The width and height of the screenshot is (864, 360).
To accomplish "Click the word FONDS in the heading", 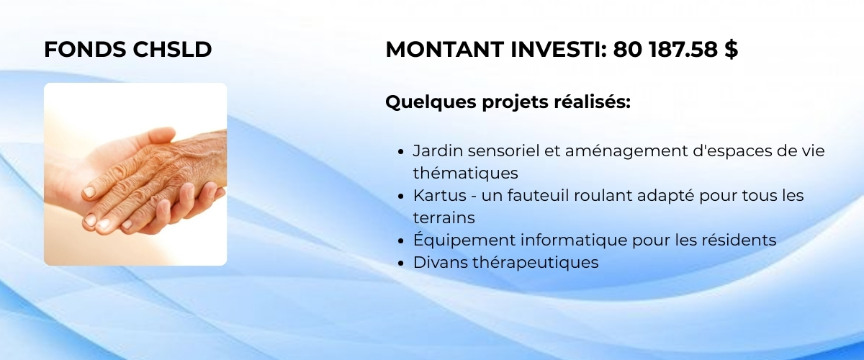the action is pyautogui.click(x=85, y=50).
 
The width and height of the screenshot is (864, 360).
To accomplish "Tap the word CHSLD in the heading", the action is pyautogui.click(x=172, y=50).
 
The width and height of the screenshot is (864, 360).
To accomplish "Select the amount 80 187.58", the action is pyautogui.click(x=665, y=50).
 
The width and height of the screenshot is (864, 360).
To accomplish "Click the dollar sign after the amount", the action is pyautogui.click(x=732, y=50).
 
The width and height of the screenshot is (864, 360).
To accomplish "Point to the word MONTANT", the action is pyautogui.click(x=445, y=50).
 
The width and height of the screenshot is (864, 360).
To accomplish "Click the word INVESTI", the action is pyautogui.click(x=559, y=50).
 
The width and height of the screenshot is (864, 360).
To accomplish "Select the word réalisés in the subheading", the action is pyautogui.click(x=592, y=102).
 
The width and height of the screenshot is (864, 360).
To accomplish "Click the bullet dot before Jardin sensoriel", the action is pyautogui.click(x=400, y=152).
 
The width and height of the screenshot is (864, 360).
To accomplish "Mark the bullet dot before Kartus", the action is pyautogui.click(x=400, y=197).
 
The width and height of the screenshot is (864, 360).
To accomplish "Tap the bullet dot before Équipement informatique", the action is pyautogui.click(x=400, y=240).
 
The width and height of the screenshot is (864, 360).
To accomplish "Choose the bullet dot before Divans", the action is pyautogui.click(x=400, y=263).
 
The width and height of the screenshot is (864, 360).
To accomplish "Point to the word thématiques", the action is pyautogui.click(x=466, y=174).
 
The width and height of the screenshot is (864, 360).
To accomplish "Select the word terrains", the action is pyautogui.click(x=444, y=218).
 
